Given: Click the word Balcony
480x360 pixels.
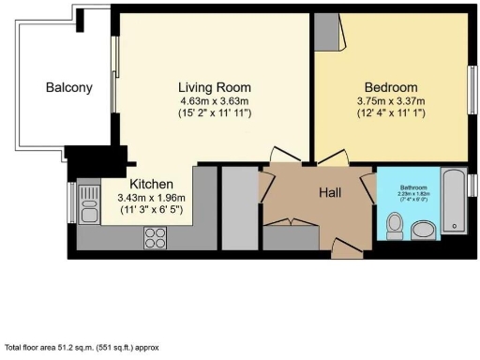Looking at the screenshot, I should click(69, 88).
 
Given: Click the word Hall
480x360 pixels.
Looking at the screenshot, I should click(328, 192).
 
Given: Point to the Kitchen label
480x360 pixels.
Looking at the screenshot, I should click(151, 185).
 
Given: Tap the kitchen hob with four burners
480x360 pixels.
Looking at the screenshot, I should click(154, 238).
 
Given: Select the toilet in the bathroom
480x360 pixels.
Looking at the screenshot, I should click(396, 223).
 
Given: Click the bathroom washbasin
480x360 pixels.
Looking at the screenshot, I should click(423, 229).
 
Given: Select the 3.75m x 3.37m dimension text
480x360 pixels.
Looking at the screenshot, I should click(390, 100).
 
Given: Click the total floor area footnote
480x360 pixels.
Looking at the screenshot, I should click(82, 346).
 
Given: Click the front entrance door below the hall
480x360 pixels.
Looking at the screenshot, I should click(347, 247).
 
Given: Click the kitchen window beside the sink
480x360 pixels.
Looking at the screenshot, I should click(71, 201).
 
